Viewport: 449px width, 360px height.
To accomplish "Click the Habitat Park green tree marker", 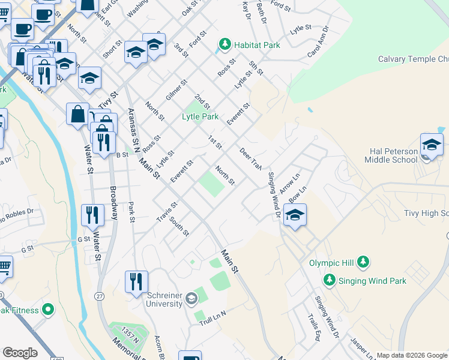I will [224, 44].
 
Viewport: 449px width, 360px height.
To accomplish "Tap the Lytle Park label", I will [200, 116].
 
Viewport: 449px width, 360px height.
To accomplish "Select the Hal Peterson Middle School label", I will [391, 155].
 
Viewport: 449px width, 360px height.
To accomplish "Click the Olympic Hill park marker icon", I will [363, 262].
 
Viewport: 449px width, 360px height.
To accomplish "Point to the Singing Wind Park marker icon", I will [329, 280].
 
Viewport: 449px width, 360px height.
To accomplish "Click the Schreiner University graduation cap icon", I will [191, 298].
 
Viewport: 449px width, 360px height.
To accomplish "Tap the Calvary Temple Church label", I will [413, 59].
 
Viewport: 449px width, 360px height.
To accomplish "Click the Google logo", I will [20, 353].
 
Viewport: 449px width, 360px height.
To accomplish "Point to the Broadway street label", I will [113, 203].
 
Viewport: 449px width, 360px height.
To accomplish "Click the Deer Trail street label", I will [251, 159].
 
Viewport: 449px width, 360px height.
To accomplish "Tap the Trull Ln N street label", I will [212, 318].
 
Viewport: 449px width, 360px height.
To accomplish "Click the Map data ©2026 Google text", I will [412, 355].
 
